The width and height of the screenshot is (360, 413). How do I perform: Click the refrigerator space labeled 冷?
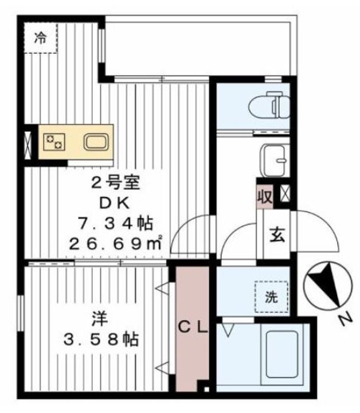coord(41,38)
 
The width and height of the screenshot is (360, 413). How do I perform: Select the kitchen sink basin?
coord(96,142)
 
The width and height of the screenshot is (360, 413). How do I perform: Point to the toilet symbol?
coord(269,105)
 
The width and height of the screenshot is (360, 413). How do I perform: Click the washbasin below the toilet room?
coord(275,160)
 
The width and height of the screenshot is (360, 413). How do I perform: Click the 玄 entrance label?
coord(277,235)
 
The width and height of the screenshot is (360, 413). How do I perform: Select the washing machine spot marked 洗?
coord(271,297)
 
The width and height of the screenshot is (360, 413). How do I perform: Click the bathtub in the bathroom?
coord(281,354)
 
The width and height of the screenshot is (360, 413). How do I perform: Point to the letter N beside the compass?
coord(345,319)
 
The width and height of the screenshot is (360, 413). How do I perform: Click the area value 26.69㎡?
coord(115,244)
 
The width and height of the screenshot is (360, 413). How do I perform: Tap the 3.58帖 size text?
coord(101,340)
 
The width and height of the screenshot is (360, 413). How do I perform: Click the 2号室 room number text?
coord(115,183)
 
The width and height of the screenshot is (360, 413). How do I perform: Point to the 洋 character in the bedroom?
coord(100,318)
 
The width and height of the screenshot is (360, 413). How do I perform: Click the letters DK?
coord(115,203)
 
